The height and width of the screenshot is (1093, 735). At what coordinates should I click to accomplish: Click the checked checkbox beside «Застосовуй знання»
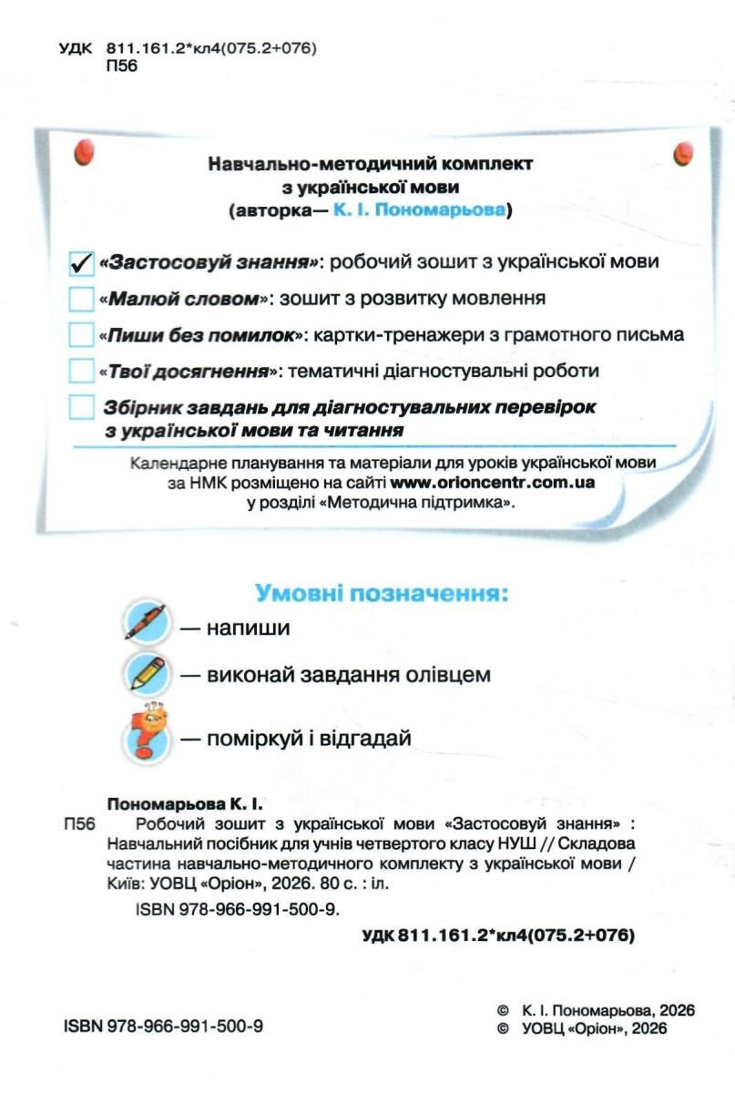click(x=82, y=262)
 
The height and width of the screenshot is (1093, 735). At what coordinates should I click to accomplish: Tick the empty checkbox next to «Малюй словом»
click(x=82, y=298)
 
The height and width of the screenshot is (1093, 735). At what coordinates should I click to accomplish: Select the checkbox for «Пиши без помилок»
click(x=82, y=334)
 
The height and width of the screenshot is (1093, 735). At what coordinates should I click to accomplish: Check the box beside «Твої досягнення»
click(x=82, y=371)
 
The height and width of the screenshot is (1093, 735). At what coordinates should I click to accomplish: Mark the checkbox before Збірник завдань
click(x=82, y=406)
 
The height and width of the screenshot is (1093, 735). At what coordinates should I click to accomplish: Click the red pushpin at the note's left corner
click(x=84, y=152)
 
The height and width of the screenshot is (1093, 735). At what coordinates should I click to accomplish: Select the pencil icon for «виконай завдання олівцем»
click(x=146, y=674)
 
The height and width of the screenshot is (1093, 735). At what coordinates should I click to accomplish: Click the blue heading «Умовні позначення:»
click(x=381, y=595)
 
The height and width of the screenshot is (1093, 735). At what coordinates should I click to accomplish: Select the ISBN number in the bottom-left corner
click(x=164, y=1026)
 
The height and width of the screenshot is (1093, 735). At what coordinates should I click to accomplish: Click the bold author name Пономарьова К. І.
click(x=185, y=805)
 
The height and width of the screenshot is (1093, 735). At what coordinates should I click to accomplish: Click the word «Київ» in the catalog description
click(x=121, y=883)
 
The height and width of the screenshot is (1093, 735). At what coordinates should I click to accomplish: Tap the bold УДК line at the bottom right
click(x=498, y=935)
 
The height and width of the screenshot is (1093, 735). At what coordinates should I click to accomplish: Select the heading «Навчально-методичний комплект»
click(x=371, y=165)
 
